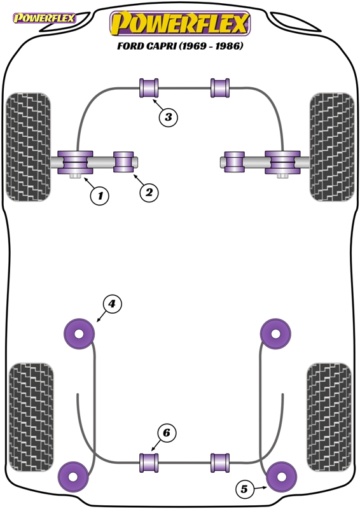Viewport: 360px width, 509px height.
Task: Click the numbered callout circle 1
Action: click(100, 196)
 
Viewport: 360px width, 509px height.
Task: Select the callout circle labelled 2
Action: click(149, 193)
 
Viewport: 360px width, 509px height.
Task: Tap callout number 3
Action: click(168, 116)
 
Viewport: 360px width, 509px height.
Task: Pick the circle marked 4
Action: click(112, 304)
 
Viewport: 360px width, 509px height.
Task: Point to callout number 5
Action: click(244, 489)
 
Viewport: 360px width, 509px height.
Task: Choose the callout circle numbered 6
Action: click(167, 433)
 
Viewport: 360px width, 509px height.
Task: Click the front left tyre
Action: click(28, 147)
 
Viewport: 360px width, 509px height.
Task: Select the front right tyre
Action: click(332, 147)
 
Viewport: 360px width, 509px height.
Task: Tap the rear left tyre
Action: click(31, 417)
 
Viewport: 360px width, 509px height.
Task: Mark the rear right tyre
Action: click(329, 417)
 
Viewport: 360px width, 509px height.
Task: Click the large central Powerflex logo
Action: click(180, 23)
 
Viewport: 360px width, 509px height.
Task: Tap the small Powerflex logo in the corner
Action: click(44, 18)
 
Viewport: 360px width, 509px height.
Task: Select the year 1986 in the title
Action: click(229, 46)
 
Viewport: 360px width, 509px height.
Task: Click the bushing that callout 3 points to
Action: click(149, 88)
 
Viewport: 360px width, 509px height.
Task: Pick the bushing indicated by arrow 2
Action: click(123, 162)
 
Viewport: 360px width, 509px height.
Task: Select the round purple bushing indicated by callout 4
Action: click(79, 333)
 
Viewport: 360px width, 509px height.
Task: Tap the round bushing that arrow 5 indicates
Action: click(281, 477)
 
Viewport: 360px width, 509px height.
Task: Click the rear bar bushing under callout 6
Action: click(149, 463)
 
